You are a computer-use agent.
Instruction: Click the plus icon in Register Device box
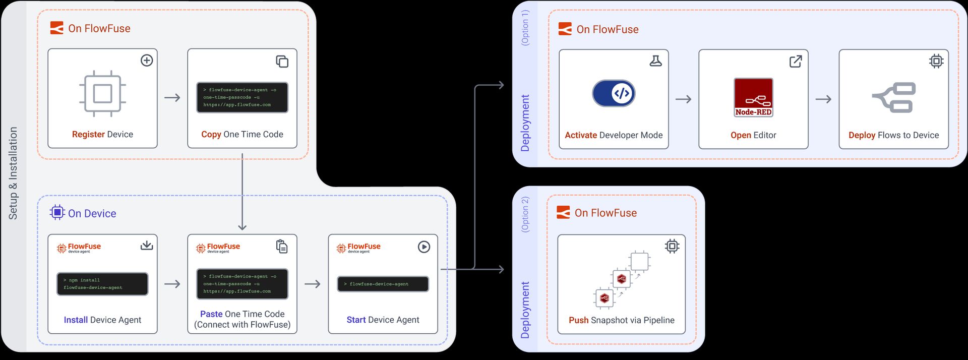(x=147, y=61)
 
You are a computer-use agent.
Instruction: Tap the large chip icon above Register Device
(x=102, y=94)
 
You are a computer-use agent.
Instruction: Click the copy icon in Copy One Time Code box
(x=282, y=62)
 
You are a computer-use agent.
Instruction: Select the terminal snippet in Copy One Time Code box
(x=242, y=97)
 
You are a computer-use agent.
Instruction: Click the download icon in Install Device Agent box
(x=147, y=246)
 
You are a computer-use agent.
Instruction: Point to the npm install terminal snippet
(x=102, y=284)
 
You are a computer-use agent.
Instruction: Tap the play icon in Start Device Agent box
(x=424, y=247)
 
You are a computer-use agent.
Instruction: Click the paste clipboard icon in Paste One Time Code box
(x=282, y=247)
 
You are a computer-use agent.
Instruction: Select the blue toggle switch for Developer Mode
(x=614, y=93)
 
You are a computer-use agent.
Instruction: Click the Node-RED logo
(x=753, y=97)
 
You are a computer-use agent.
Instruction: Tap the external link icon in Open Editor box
(x=796, y=62)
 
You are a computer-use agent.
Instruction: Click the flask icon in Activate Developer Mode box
(x=655, y=62)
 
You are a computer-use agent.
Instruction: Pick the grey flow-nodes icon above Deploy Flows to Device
(x=894, y=98)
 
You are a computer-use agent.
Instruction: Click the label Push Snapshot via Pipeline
(x=621, y=320)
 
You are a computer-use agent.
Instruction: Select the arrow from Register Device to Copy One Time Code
(x=172, y=98)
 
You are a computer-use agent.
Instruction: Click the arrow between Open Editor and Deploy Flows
(x=823, y=99)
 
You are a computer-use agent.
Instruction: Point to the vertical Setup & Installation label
(x=13, y=173)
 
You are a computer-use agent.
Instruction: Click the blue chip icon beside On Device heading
(x=57, y=212)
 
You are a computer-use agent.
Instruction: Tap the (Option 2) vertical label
(x=525, y=214)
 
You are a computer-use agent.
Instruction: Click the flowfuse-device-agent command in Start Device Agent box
(x=383, y=284)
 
